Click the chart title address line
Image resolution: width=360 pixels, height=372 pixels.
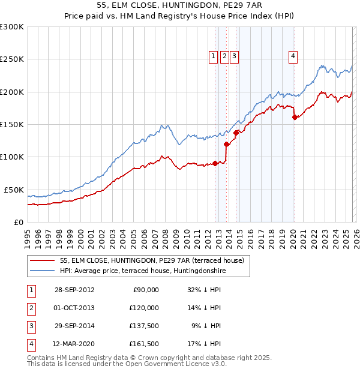tap(179, 5)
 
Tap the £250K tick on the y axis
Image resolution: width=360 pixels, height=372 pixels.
tap(12, 59)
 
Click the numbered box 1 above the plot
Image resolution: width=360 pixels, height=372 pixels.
tap(213, 56)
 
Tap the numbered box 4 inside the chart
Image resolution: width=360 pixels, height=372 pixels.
tap(293, 56)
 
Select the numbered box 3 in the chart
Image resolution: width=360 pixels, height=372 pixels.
tap(233, 56)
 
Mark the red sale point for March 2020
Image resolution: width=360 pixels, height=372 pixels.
tap(295, 118)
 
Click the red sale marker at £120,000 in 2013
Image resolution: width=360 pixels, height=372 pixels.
tap(226, 144)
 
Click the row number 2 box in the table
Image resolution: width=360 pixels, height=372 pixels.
tap(29, 308)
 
